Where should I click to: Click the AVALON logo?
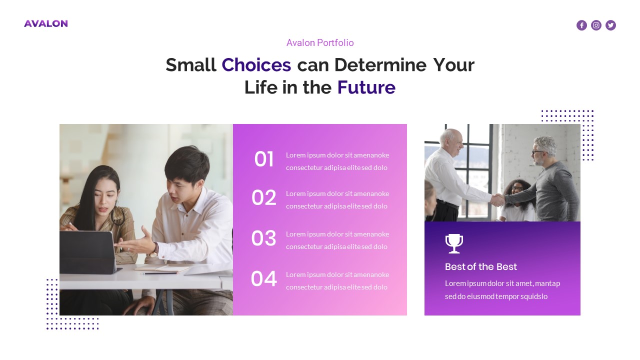[x=45, y=23]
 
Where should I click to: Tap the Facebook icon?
[x=581, y=25]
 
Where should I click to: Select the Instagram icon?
[x=596, y=25]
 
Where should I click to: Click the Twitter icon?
[x=610, y=25]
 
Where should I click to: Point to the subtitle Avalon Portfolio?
[x=320, y=43]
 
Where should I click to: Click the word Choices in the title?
[x=256, y=65]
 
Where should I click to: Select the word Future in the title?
[x=366, y=87]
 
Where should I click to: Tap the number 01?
[x=264, y=159]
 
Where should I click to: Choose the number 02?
[x=263, y=198]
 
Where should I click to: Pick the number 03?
[x=263, y=238]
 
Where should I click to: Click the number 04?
[x=263, y=279]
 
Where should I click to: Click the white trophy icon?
[x=454, y=243]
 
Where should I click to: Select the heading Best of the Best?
[x=480, y=266]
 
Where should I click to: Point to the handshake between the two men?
[x=497, y=200]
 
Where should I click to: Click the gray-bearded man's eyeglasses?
[x=537, y=152]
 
